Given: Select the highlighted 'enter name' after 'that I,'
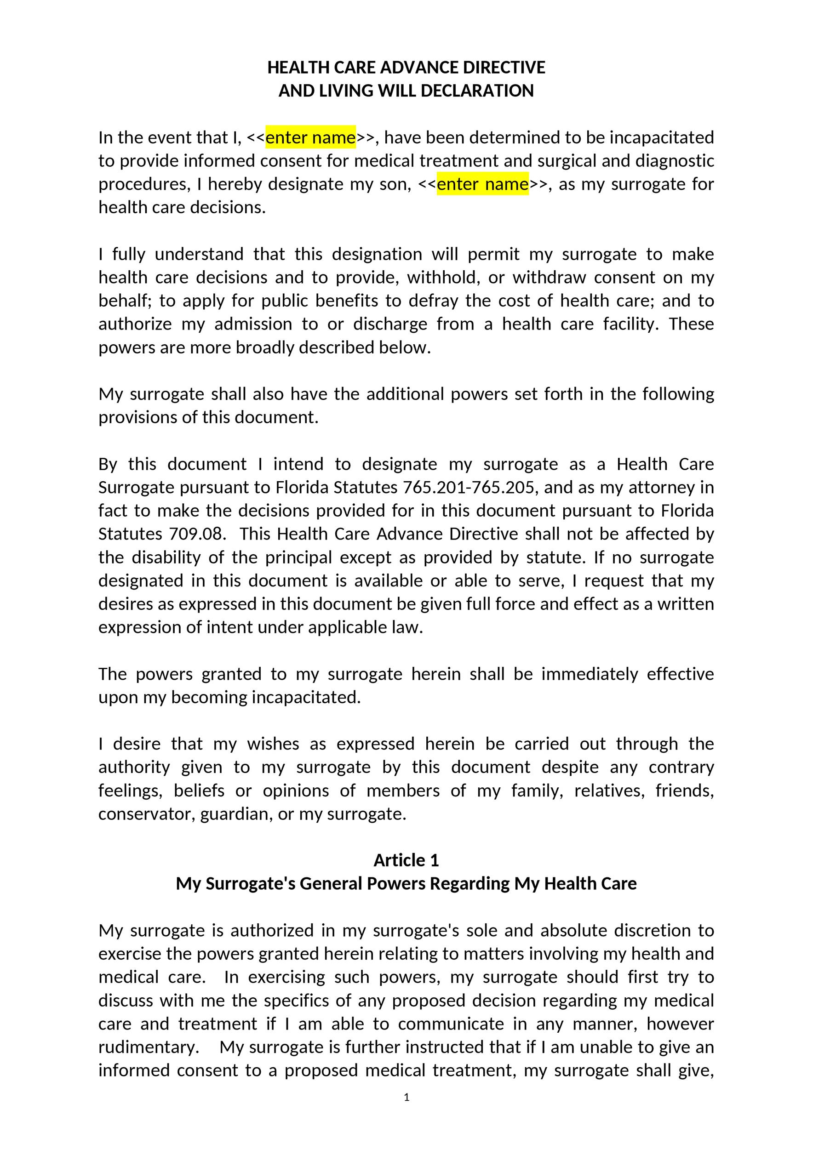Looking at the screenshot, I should (x=310, y=137).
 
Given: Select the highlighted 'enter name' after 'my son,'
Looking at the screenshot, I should (x=482, y=184).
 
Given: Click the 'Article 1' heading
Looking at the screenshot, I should (x=406, y=860).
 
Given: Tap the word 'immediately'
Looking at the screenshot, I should (x=590, y=674).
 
